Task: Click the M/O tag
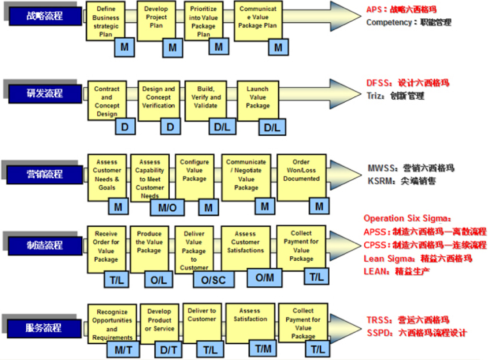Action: pos(167,208)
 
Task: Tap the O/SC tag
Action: pos(213,280)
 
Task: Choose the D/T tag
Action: pos(168,350)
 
